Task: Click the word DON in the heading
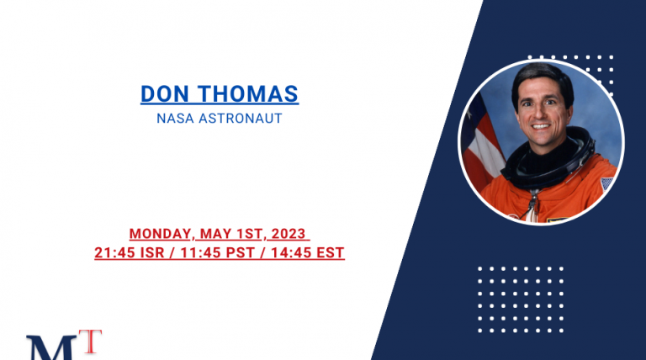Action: pyautogui.click(x=165, y=94)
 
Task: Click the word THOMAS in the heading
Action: pyautogui.click(x=248, y=94)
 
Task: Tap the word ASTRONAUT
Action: pyautogui.click(x=241, y=119)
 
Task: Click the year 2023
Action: pyautogui.click(x=289, y=234)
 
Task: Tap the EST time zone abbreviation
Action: pyautogui.click(x=331, y=252)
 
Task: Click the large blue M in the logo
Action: pyautogui.click(x=51, y=348)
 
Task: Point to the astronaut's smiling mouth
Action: pyautogui.click(x=540, y=126)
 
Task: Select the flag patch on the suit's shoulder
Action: pyautogui.click(x=607, y=183)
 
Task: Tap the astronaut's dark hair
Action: pyautogui.click(x=543, y=78)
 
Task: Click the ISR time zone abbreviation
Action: pyautogui.click(x=152, y=252)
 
